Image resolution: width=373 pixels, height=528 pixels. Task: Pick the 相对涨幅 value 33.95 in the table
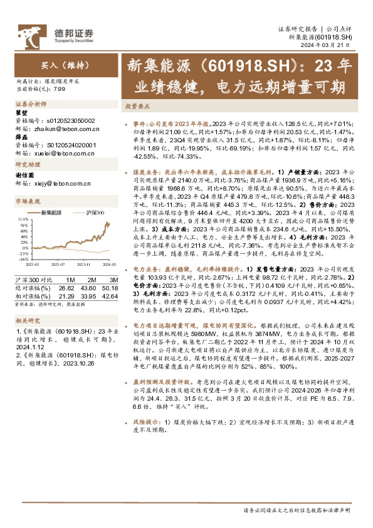(88, 294)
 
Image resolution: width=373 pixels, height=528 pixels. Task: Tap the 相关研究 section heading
(27, 320)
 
